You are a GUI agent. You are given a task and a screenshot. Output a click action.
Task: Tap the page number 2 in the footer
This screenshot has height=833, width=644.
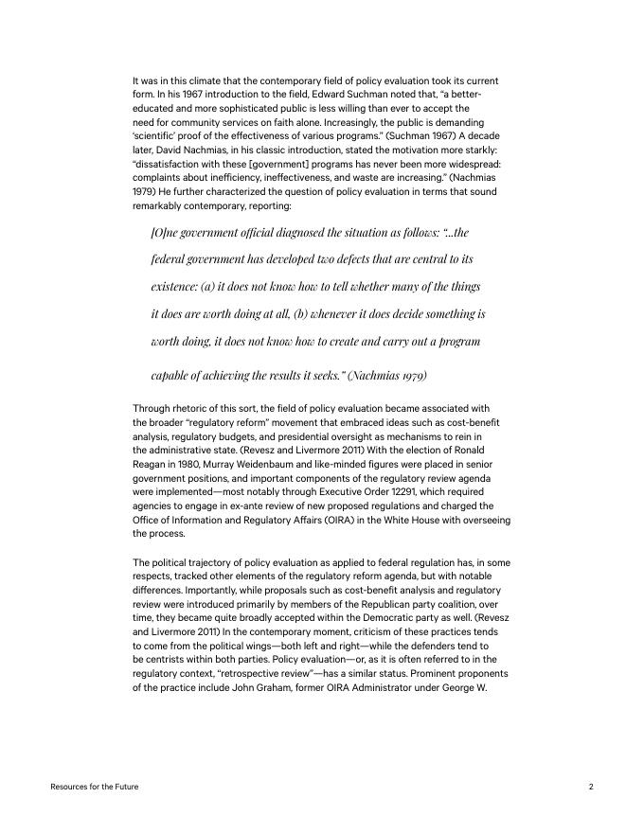(x=590, y=787)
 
